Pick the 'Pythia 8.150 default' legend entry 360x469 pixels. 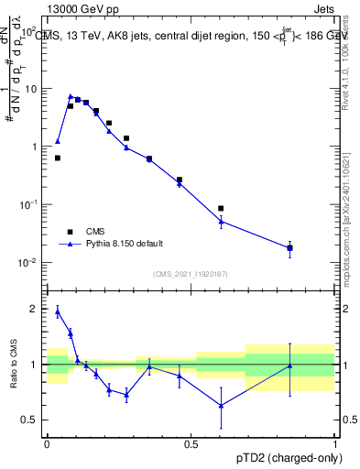(x=125, y=244)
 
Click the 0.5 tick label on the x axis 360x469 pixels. (x=191, y=442)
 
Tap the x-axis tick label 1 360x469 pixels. (x=334, y=442)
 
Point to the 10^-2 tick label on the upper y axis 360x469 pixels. (x=27, y=262)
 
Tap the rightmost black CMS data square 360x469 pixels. (x=289, y=247)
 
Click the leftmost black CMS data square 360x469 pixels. (x=58, y=158)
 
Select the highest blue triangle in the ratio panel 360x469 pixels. (x=58, y=311)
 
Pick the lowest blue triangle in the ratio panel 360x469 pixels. (x=221, y=405)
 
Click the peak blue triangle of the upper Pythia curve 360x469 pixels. (x=71, y=96)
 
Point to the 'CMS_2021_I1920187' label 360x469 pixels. (x=191, y=274)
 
